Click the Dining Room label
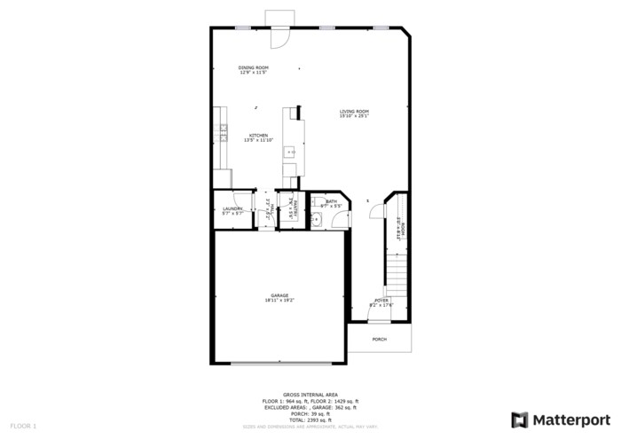(254, 70)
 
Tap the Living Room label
(354, 113)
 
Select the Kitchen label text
(257, 137)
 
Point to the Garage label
(279, 297)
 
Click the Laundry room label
(232, 210)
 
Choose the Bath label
(331, 203)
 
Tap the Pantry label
(290, 210)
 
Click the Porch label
(379, 339)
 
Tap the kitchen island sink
(290, 153)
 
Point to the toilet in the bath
(316, 220)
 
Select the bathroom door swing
(344, 201)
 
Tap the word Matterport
(571, 419)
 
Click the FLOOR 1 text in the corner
(23, 427)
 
